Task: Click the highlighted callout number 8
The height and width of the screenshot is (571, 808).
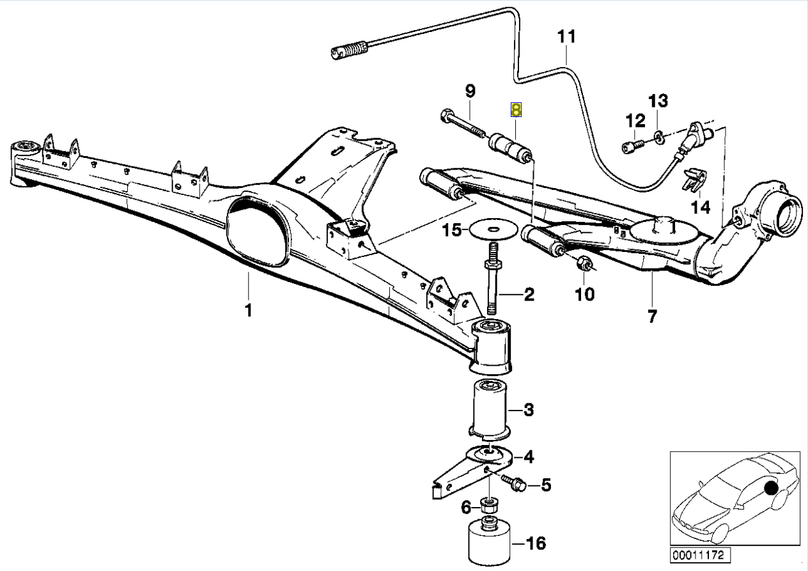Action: pos(516,110)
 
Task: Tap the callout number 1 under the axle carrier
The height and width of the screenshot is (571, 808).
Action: pos(248,311)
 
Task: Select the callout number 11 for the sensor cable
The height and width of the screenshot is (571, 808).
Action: pos(566,37)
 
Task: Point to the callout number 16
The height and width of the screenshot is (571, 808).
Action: pos(536,544)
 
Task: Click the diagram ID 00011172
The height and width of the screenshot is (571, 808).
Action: pos(701,555)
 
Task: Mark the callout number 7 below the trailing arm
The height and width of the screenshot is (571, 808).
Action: pos(651,315)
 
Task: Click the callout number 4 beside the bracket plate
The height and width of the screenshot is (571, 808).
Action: pos(529,457)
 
